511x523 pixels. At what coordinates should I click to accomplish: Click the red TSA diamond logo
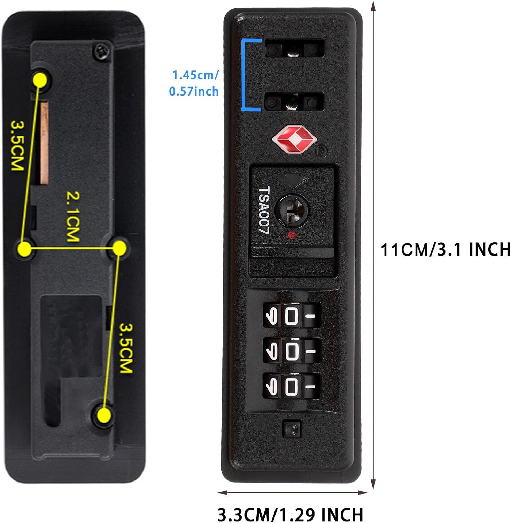point(294,139)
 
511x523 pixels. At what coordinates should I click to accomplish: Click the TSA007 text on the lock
point(264,210)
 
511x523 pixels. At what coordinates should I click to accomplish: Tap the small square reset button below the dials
point(291,429)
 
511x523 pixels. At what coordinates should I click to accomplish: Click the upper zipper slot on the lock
point(294,48)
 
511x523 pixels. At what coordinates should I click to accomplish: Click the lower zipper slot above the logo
point(294,101)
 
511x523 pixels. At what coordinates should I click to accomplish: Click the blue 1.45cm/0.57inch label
point(194,83)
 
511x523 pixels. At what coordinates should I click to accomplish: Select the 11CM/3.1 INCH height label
point(446,250)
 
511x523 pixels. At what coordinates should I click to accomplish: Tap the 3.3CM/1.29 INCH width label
point(290,514)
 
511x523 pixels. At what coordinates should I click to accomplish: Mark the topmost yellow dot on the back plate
point(40,80)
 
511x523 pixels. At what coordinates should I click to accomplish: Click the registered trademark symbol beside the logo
point(321,151)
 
